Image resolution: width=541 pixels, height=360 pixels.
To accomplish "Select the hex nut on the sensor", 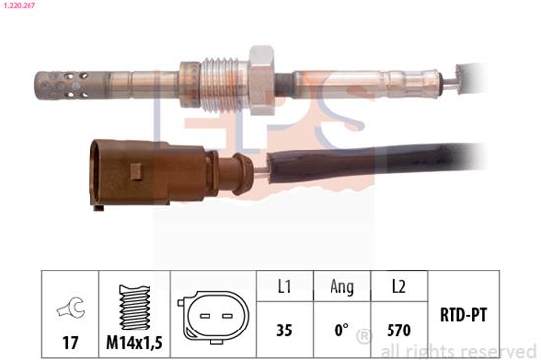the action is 262,81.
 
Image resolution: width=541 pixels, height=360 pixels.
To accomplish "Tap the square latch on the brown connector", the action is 136,172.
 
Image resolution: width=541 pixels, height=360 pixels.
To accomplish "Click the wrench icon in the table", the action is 71,307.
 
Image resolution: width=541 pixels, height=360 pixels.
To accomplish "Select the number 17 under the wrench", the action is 70,342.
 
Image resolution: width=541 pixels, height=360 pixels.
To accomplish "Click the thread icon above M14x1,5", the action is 135,308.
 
